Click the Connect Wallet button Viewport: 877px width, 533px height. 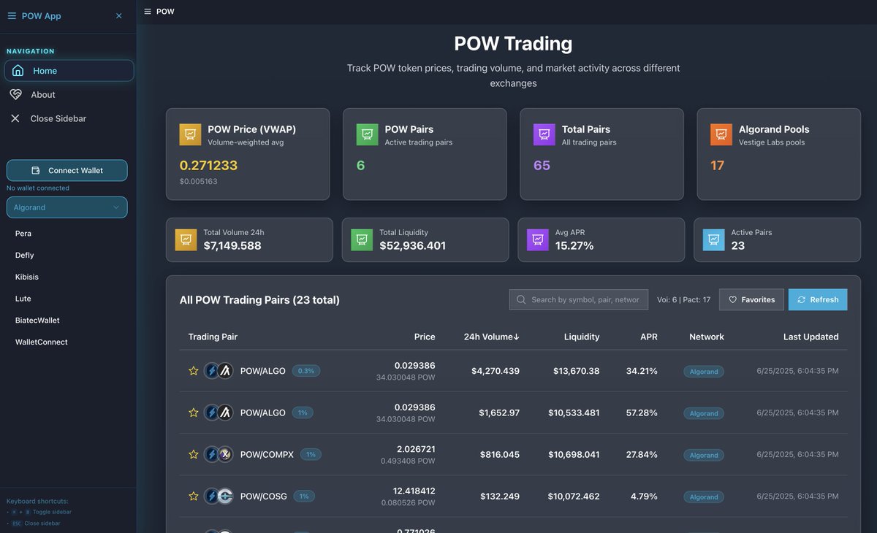67,170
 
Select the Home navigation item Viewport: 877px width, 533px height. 69,71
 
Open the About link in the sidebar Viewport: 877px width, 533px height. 43,95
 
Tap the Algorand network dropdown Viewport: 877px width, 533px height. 67,207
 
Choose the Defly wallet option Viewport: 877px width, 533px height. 25,256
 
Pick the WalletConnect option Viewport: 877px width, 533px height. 42,342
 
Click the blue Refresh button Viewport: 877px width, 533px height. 818,299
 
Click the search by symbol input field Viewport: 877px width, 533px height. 579,299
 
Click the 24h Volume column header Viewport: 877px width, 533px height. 491,337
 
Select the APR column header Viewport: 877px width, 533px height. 648,337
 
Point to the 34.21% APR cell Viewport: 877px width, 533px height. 642,371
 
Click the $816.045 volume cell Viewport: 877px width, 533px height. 500,454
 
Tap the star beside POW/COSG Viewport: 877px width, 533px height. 194,496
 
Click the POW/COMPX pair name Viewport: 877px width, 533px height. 267,454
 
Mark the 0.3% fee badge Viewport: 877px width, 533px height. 306,371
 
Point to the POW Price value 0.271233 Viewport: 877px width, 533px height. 208,166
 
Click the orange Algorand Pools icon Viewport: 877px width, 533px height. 721,135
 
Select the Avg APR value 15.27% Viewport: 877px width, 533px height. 574,245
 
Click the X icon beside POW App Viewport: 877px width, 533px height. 119,16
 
